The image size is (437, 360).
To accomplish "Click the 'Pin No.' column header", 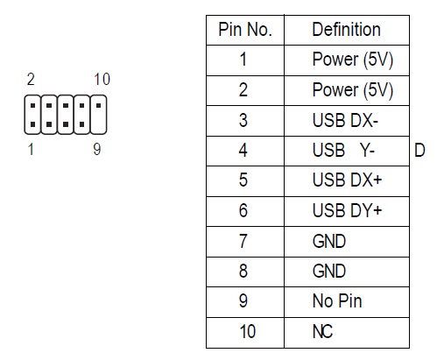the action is coord(245,30).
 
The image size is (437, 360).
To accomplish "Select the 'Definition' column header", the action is coord(346,30).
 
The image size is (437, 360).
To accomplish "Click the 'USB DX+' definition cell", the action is coord(347,180).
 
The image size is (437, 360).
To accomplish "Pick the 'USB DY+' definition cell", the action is coord(347,210).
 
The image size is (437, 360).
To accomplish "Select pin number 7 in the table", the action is coord(243,241).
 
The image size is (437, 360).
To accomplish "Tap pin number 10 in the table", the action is coord(247,331).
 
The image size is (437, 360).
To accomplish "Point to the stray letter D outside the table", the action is coord(419,151).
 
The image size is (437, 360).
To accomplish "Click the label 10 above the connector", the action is coord(102,79).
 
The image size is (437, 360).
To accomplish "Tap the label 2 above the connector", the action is coord(31,79).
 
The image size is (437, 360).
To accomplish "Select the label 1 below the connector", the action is coord(31,149).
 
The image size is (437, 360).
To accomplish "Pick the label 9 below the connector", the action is coord(97,149).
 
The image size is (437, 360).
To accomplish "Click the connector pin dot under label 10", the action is coord(99,105).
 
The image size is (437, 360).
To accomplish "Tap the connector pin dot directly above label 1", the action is coord(32,124).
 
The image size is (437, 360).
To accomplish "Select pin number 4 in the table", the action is coord(243,151).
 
